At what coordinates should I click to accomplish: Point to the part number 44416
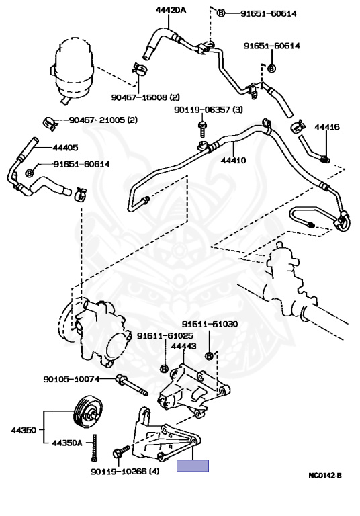(x=326, y=126)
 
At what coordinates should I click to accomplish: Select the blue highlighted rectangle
(x=193, y=466)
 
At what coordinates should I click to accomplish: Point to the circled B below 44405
(x=29, y=173)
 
